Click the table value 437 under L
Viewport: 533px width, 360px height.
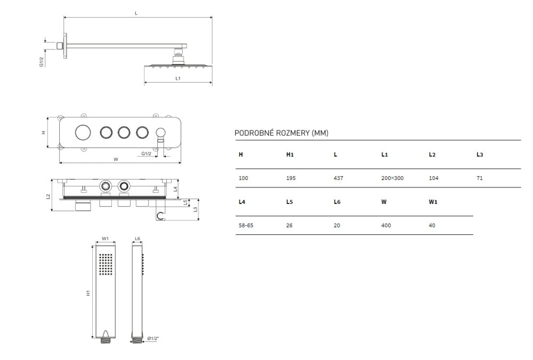pyautogui.click(x=338, y=178)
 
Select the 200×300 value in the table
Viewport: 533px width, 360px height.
pyautogui.click(x=392, y=178)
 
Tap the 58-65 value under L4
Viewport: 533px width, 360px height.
pyautogui.click(x=246, y=225)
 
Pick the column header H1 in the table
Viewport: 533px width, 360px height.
pyautogui.click(x=290, y=154)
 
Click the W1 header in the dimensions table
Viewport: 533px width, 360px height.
pyautogui.click(x=433, y=202)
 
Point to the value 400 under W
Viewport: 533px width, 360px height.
pyautogui.click(x=386, y=225)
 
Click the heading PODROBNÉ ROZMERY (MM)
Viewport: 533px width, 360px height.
pyautogui.click(x=281, y=133)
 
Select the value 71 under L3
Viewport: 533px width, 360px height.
pyautogui.click(x=480, y=178)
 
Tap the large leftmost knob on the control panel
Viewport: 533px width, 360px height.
pyautogui.click(x=83, y=132)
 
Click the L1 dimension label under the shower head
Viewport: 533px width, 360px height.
pyautogui.click(x=178, y=78)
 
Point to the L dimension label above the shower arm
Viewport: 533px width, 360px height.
pyautogui.click(x=136, y=13)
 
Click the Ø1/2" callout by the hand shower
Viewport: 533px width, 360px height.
pyautogui.click(x=153, y=338)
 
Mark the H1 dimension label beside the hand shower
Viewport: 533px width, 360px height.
pyautogui.click(x=88, y=293)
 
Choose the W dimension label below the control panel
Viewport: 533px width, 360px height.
pyautogui.click(x=116, y=159)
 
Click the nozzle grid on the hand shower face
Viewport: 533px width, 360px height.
pyautogui.click(x=106, y=264)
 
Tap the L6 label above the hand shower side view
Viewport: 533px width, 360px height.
pyautogui.click(x=138, y=239)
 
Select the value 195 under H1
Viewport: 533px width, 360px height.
pyautogui.click(x=290, y=178)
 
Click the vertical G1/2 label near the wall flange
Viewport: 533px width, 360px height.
pyautogui.click(x=42, y=62)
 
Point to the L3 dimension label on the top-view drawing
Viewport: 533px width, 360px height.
pyautogui.click(x=195, y=209)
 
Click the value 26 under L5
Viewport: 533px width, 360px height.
pyautogui.click(x=289, y=225)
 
